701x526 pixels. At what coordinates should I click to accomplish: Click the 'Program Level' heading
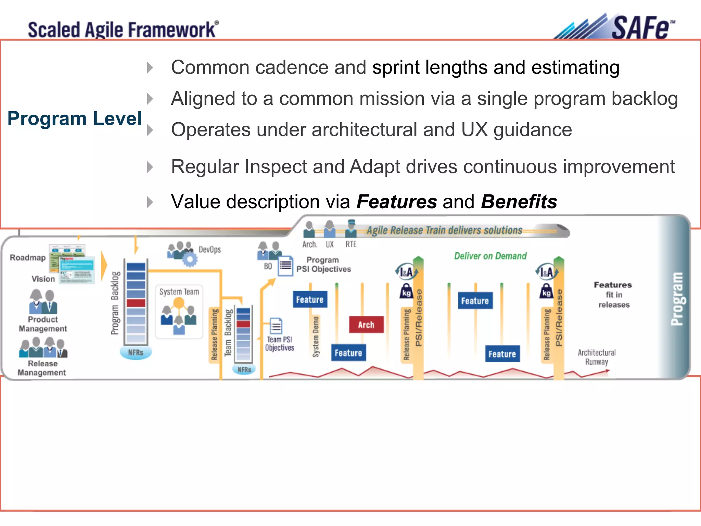[75, 118]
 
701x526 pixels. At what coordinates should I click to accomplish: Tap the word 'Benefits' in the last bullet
[519, 201]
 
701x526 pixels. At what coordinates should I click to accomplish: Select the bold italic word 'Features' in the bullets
[397, 201]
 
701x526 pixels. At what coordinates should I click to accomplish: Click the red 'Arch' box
[366, 325]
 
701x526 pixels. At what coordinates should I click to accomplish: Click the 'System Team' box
[179, 312]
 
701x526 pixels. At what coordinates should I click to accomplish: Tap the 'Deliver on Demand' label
[490, 256]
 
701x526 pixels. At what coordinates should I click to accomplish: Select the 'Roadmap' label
[28, 258]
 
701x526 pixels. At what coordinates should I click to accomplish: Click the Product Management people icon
[43, 302]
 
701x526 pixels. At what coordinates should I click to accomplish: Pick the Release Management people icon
[43, 347]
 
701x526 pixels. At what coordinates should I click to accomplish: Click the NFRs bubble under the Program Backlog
[136, 352]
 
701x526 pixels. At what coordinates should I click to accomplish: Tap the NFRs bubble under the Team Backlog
[244, 370]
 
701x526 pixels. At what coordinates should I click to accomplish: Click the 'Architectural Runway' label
[597, 357]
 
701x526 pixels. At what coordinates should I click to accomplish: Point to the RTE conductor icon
[351, 229]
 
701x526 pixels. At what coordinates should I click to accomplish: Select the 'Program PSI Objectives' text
[323, 264]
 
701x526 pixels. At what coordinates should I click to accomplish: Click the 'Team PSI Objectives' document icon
[276, 326]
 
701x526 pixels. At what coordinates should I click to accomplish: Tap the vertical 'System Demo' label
[316, 337]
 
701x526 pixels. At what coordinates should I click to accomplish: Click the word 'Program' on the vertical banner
[677, 299]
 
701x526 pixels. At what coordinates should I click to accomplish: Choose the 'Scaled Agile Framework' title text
[122, 29]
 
